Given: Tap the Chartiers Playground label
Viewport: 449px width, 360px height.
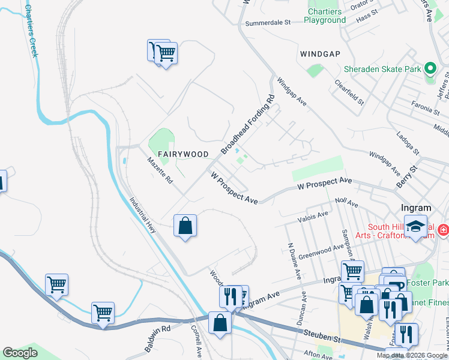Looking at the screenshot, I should point(325,16).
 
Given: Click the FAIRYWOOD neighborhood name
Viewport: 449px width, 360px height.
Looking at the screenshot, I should point(183,154).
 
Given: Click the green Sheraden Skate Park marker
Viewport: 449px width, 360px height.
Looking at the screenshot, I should point(430,69).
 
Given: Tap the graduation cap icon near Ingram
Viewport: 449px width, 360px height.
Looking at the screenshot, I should point(415,226).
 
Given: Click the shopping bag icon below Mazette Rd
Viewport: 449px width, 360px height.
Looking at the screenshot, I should point(185,226).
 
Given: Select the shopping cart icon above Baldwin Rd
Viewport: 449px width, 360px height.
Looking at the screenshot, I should point(103,313).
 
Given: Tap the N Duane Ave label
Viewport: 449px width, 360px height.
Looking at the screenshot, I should point(294,261).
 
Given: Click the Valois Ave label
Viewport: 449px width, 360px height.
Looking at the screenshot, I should point(315,217).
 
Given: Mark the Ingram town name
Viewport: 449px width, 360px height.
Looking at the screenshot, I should point(415,208).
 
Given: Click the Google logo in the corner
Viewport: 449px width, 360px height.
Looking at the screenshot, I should point(20,353).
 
